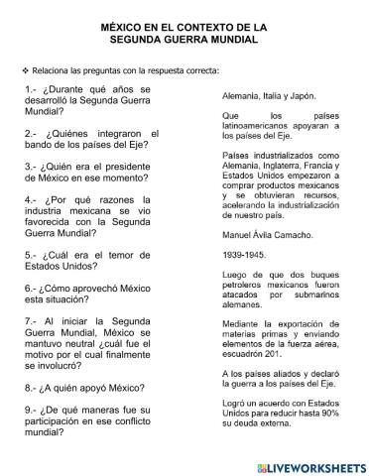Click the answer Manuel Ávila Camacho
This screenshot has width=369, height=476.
pos(270,234)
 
